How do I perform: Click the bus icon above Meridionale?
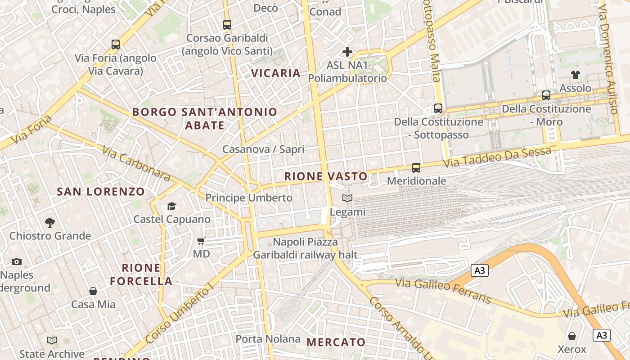coord(416,168)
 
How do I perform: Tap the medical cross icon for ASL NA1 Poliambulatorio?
coord(347,52)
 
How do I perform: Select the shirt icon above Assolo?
coord(575,75)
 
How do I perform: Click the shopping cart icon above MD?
coord(201,241)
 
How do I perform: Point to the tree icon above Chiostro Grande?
coord(50,222)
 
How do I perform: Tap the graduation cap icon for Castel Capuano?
coord(171,207)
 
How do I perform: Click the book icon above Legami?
coord(347,198)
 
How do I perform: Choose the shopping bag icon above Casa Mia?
coord(93,291)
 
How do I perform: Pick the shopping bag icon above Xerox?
coord(572,336)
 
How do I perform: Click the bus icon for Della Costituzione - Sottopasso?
coord(438,108)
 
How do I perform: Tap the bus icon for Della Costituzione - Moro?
coord(546,95)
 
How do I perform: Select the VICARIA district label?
coord(275,73)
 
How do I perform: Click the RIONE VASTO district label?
coord(326,176)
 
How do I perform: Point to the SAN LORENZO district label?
coord(101,192)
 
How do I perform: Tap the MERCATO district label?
coord(336,342)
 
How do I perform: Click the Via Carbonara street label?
coord(136,163)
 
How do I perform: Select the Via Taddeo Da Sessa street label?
coord(497,157)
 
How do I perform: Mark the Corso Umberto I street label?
coord(179,313)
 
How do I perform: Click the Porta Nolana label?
coord(268,339)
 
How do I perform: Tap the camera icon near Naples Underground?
coord(17,261)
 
